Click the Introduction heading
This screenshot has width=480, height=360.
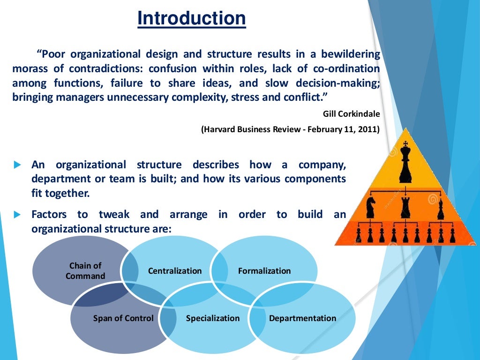click(191, 19)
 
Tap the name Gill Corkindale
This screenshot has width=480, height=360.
click(351, 113)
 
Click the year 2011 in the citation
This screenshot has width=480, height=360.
click(369, 129)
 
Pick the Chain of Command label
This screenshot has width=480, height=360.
click(85, 271)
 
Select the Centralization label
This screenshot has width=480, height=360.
click(175, 271)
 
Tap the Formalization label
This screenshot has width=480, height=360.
click(264, 271)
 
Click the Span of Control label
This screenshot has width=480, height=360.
click(123, 318)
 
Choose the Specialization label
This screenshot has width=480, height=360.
click(213, 318)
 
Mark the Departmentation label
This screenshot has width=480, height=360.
click(302, 318)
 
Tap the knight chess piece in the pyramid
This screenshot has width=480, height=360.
click(371, 208)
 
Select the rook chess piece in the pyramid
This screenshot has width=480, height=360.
click(405, 208)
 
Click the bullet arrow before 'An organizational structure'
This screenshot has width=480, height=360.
click(18, 165)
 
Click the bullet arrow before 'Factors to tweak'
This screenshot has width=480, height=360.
click(18, 215)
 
